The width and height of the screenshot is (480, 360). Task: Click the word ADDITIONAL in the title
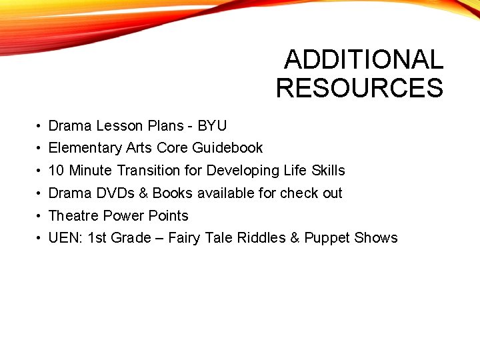point(363,60)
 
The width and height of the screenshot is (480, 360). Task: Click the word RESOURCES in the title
point(359,88)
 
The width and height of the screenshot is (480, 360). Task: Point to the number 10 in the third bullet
point(57,170)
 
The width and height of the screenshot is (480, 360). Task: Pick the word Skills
point(328,170)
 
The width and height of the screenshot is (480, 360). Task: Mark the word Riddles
point(261,237)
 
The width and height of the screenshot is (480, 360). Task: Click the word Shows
point(376,237)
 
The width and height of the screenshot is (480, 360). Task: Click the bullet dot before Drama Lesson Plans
point(40,126)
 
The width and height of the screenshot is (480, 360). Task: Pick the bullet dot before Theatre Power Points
point(40,216)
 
